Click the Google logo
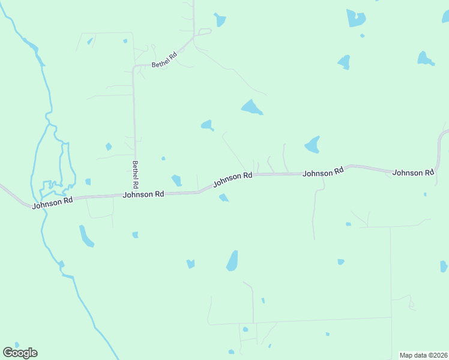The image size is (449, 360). (20, 353)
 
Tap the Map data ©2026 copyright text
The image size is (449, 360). (423, 355)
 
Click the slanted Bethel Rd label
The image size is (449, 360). (164, 61)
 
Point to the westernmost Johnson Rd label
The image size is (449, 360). (52, 203)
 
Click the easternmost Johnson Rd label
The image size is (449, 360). (413, 173)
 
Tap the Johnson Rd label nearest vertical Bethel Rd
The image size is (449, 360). (143, 194)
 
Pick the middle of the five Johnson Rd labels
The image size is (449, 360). (232, 178)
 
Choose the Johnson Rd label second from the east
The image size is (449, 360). (323, 172)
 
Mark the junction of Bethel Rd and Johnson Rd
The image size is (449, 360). (136, 194)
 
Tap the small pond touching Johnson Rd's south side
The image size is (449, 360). (223, 197)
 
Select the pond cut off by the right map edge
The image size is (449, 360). (444, 266)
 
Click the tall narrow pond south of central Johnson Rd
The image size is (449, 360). (232, 261)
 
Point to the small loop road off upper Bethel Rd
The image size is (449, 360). (205, 31)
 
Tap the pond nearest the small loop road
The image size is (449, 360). (220, 20)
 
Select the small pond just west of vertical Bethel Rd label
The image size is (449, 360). (109, 146)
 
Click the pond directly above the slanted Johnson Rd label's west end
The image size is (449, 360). (176, 180)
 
